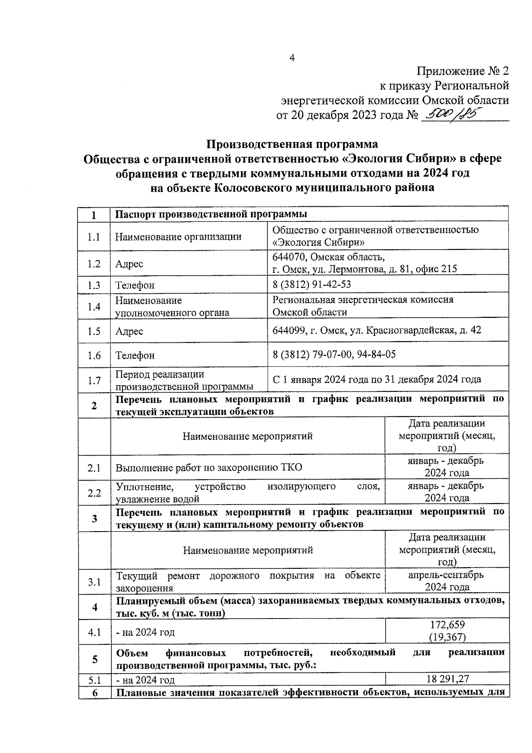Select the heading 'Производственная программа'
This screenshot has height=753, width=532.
293,144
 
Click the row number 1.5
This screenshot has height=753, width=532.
94,331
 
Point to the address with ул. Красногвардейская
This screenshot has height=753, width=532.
376,330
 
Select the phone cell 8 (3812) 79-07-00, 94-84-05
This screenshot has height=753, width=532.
334,354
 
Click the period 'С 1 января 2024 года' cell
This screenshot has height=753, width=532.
376,379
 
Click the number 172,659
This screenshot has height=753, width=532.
447,625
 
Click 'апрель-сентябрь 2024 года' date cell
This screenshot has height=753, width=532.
446,581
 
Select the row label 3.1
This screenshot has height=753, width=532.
94,582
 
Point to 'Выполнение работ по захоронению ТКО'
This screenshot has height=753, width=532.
209,468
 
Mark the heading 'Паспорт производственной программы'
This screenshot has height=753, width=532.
211,214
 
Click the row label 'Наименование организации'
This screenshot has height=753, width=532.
178,237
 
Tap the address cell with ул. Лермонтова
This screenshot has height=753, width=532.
364,263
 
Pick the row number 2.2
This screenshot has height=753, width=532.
94,493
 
